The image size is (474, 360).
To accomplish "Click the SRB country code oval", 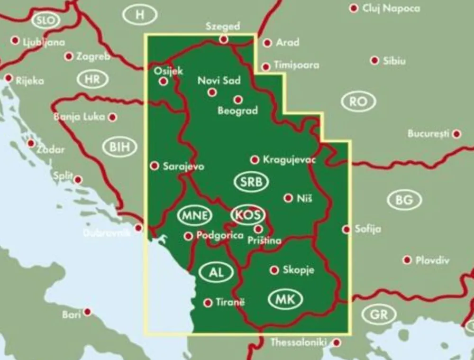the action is point(251,182).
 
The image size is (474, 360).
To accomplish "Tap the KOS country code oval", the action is point(247,215).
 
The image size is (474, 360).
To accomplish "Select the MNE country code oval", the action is point(193,215).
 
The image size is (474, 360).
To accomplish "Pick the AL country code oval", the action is point(216,272).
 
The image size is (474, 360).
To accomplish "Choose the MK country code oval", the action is point(285,299).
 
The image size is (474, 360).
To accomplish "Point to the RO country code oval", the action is point(358,102).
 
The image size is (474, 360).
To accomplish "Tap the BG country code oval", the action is point(404,200).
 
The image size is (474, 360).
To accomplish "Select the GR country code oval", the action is point(379,314).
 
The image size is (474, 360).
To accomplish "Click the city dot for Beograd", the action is point(238,100).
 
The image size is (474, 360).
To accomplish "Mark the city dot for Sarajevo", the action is point(155,166).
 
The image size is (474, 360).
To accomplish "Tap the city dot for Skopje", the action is point(274,270).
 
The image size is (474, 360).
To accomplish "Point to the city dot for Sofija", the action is point(346,229).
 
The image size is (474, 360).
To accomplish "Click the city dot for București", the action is point(456,134).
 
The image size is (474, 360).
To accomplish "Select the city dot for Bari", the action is point(87,312).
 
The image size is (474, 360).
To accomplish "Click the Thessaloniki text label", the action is point(300,342).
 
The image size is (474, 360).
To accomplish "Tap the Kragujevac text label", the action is point(289,160).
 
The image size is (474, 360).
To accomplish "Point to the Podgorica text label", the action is point(219,235).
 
